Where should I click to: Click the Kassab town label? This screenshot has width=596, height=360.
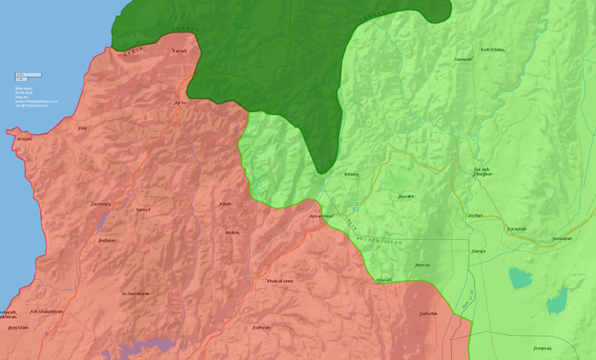point(180,51)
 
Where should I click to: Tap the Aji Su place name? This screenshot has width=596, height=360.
point(180,102)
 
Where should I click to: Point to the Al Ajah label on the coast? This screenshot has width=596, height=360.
point(24,138)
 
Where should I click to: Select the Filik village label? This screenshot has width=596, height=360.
point(82,128)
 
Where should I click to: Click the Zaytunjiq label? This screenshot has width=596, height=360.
point(100,204)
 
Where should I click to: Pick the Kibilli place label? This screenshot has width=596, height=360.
point(225,204)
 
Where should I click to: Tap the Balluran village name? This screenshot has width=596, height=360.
point(107,240)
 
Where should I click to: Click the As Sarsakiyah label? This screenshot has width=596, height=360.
point(135,293)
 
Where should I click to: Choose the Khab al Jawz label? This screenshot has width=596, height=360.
point(281,280)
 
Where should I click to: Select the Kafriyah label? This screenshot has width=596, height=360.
point(261,328)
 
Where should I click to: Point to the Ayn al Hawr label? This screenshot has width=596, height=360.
point(322,216)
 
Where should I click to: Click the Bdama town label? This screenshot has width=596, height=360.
point(351,174)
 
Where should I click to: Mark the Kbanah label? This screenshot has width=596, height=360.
point(384,280)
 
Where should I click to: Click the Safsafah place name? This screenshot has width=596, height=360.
point(428,314)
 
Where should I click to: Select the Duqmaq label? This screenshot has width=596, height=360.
point(542,348)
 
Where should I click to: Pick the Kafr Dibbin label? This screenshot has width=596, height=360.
point(492,49)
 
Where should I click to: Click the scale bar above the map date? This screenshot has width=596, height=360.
point(29,75)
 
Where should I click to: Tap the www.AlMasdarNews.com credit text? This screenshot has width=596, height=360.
point(36,102)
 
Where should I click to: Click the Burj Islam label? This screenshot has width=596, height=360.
point(18,328)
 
